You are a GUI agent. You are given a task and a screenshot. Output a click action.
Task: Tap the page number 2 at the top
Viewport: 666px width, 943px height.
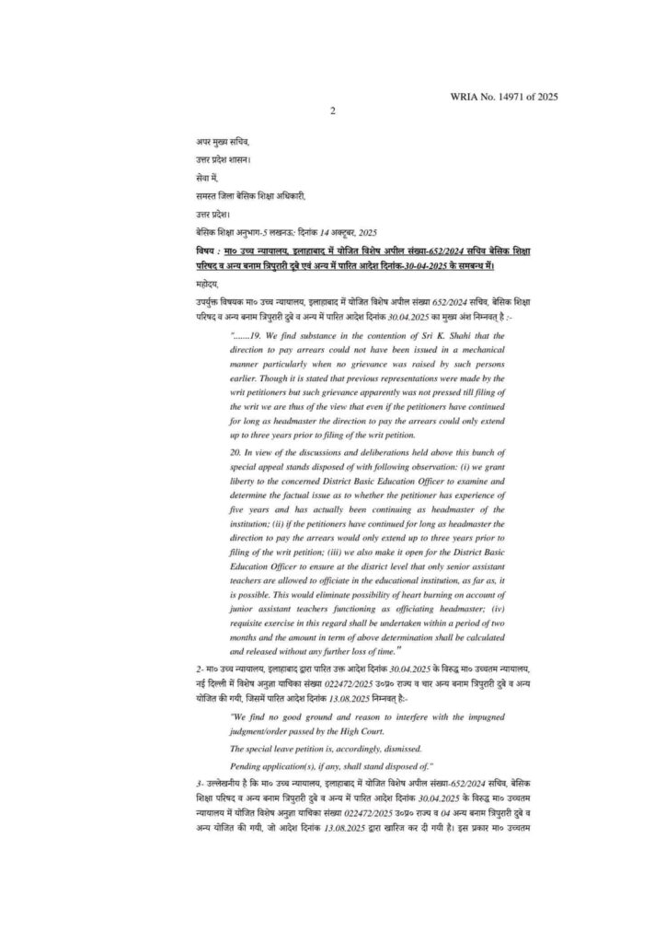333,111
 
